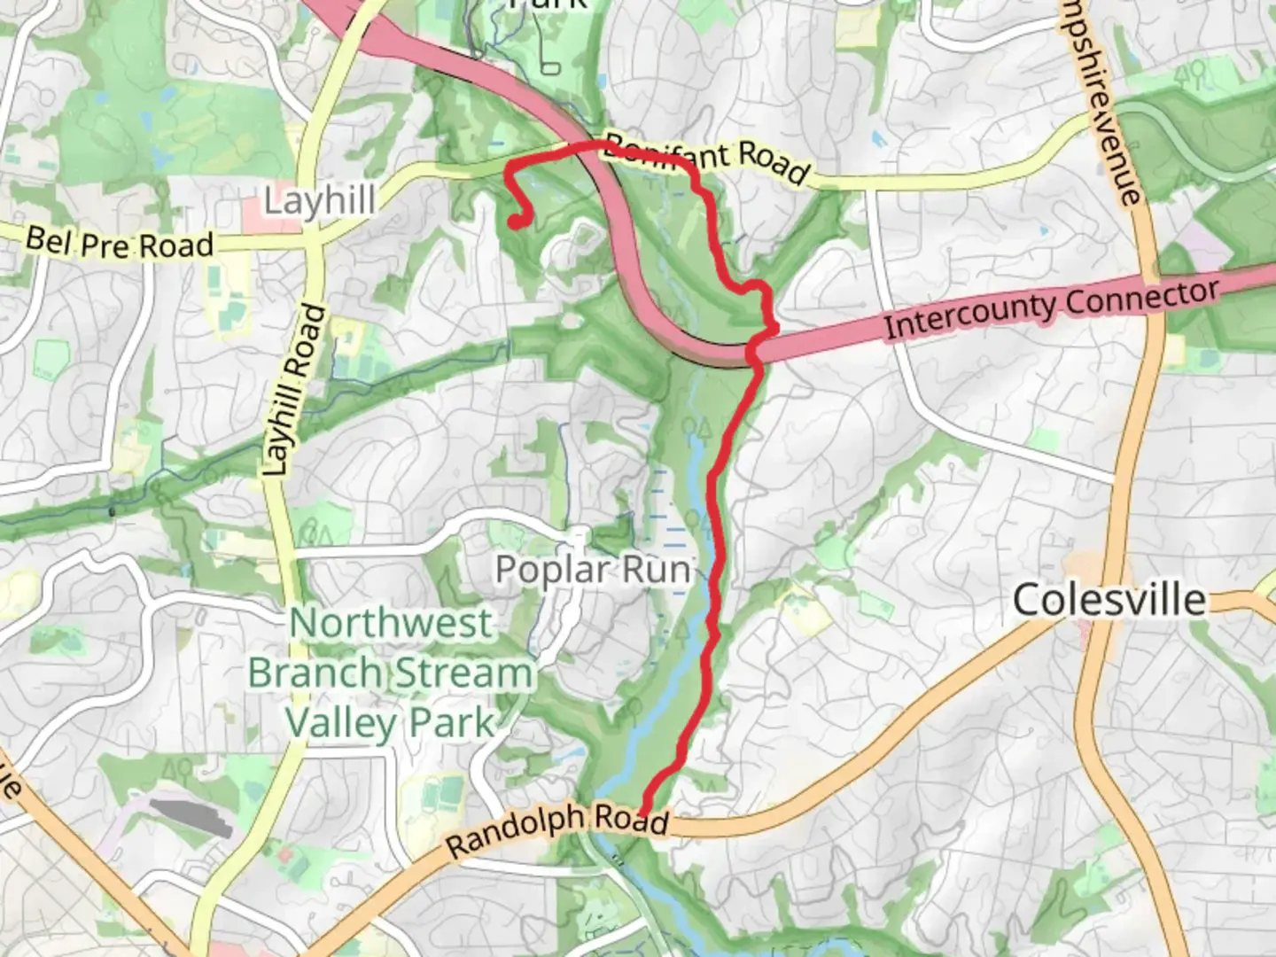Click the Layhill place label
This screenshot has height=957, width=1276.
319,200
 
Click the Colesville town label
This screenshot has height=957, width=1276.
1109,600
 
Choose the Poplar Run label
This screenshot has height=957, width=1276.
593,570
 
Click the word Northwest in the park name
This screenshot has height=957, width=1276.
391,623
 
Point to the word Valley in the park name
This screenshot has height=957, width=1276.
342,723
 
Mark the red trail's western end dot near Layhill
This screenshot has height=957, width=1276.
515,222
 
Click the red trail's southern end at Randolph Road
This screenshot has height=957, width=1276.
642,808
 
